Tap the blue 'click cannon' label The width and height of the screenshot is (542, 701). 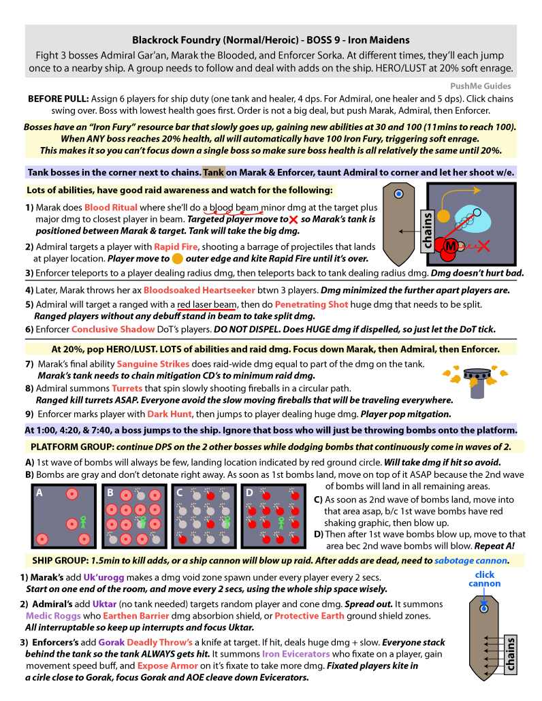[484, 579]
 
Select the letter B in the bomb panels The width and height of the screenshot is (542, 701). [110, 492]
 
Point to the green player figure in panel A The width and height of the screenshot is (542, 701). [82, 522]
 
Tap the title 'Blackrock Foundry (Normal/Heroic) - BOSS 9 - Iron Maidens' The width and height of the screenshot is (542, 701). [271, 40]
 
